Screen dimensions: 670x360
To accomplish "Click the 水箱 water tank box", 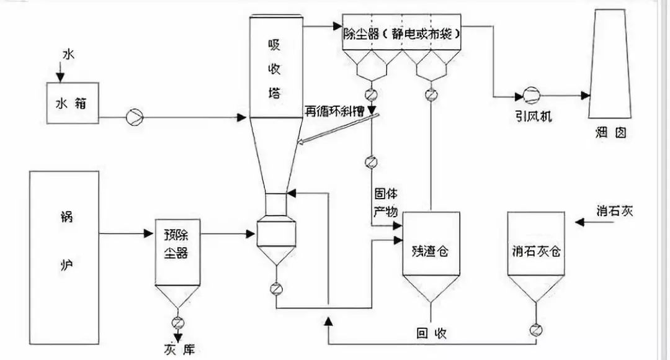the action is coord(73,103).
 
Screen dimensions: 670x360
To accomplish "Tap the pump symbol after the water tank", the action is coord(135,117).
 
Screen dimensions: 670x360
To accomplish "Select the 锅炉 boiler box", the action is coord(64,258).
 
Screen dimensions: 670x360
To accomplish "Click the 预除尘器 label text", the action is coord(176,244).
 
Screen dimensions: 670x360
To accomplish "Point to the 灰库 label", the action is coord(179,349).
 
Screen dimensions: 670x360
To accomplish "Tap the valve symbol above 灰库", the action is coord(178,322).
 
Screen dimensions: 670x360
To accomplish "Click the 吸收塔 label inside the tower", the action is coord(274,68).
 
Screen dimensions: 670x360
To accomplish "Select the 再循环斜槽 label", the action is coord(334,111).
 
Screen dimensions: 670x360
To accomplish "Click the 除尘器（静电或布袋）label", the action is coord(401,34).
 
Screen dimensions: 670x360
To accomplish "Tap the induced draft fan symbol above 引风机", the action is coord(532,96).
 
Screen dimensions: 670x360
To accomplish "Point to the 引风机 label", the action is coord(534,116).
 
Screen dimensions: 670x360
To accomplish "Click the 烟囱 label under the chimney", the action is coord(610,133).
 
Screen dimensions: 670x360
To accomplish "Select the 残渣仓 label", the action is coord(431,251).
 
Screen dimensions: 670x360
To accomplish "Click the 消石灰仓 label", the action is coord(536,251).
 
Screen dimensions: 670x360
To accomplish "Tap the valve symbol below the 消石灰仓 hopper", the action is coord(536,330).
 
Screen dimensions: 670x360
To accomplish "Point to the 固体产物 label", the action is coord(386,202).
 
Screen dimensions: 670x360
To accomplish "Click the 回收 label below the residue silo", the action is coord(432,333).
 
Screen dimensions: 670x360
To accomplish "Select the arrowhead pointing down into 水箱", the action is coord(60,78).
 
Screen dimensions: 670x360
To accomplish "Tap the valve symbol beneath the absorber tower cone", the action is coord(276,289).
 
